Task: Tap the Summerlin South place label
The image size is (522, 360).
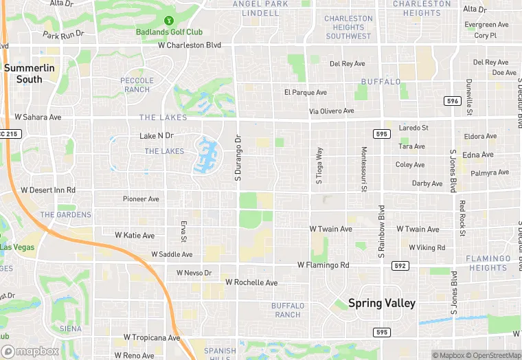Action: [23, 74]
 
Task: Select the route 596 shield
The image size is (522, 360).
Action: [452, 101]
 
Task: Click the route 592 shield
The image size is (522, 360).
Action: [400, 265]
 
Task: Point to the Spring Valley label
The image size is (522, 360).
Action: [382, 302]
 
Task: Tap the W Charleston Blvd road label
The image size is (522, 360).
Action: [190, 45]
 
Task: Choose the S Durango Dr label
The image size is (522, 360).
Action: [238, 157]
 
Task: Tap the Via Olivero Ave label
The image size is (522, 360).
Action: [331, 111]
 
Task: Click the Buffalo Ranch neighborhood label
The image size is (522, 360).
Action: [286, 310]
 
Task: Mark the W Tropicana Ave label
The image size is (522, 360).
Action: [151, 338]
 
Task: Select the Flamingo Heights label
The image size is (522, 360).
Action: [488, 263]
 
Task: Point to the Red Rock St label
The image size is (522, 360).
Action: [463, 218]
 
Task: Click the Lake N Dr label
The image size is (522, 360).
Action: [157, 136]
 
